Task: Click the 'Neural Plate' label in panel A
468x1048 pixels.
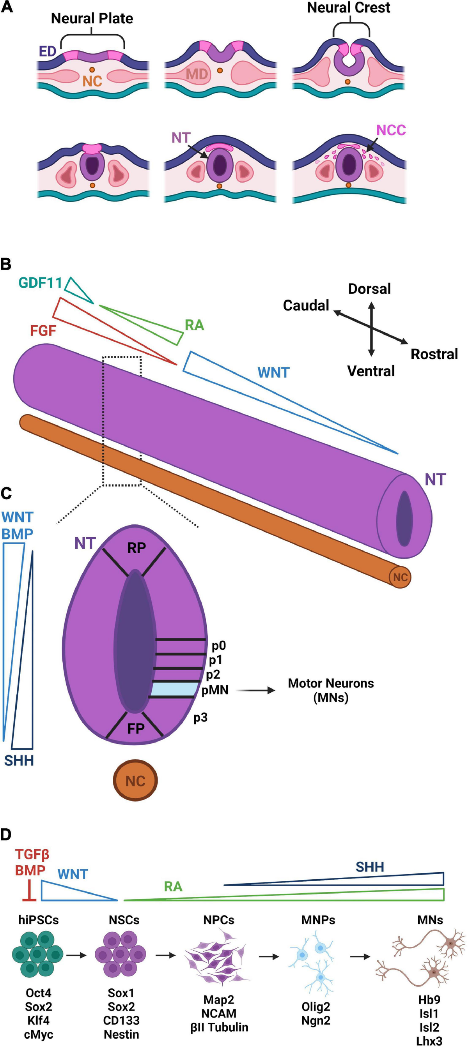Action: coord(92,19)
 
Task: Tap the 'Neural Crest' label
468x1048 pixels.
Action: coord(348,8)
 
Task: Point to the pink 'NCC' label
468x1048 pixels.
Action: coord(391,130)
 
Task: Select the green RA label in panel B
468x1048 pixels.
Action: coord(194,325)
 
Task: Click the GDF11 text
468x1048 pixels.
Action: coord(40,282)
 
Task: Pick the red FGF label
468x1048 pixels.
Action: coord(43,331)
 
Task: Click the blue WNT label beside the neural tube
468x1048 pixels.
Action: coord(273,372)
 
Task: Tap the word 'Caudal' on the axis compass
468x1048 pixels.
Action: coord(306,305)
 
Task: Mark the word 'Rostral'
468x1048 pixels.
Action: coord(434,354)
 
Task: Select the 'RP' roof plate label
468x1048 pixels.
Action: coord(136,548)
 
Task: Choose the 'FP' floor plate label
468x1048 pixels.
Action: coord(136,728)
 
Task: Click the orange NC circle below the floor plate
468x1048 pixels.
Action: coord(135,781)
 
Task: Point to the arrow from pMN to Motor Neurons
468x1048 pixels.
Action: coord(256,690)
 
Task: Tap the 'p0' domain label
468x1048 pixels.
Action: coord(219,646)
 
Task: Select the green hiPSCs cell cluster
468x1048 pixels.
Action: coord(37,954)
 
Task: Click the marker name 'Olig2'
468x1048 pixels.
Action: coord(316,1007)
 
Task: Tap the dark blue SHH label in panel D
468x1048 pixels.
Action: coord(369,867)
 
